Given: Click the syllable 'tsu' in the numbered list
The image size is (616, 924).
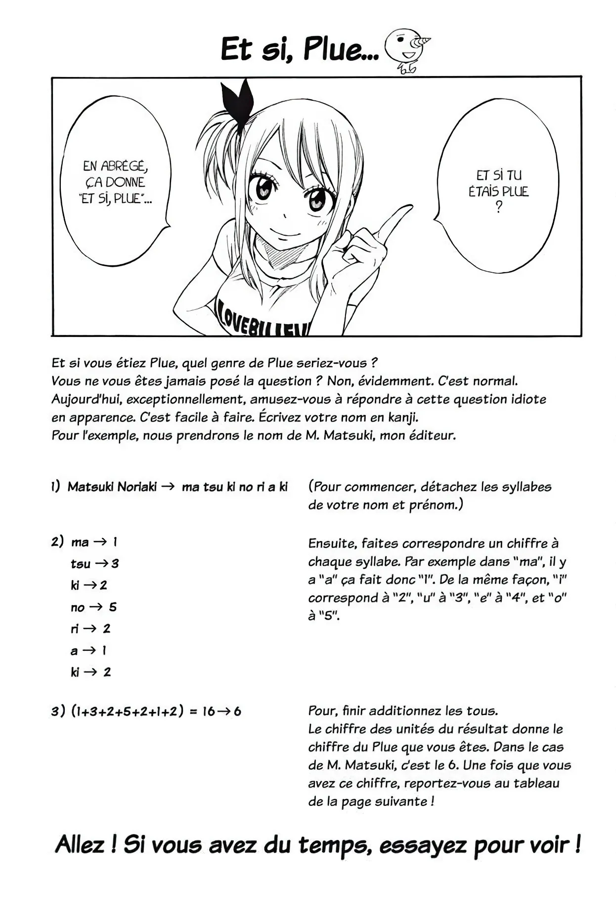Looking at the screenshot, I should pyautogui.click(x=80, y=564).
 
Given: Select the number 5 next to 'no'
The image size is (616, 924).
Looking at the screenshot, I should pyautogui.click(x=113, y=607).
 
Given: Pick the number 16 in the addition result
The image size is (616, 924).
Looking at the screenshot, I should pyautogui.click(x=208, y=712).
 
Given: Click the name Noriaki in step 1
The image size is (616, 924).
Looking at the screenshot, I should pyautogui.click(x=137, y=487).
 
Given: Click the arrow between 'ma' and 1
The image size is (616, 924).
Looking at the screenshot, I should pyautogui.click(x=100, y=542).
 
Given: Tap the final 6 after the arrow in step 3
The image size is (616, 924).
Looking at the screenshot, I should pyautogui.click(x=237, y=712).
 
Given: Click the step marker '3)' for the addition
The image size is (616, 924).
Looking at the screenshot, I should pyautogui.click(x=58, y=712).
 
